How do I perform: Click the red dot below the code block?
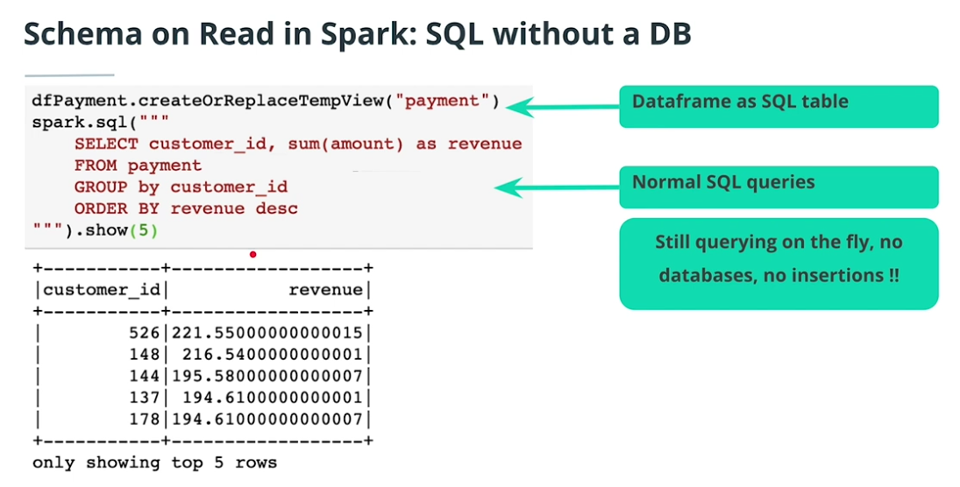click(252, 255)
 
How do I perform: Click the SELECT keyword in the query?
click(106, 144)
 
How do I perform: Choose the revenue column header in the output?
click(325, 290)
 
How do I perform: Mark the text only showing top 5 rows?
click(154, 462)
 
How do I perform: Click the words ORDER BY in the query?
click(117, 208)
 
